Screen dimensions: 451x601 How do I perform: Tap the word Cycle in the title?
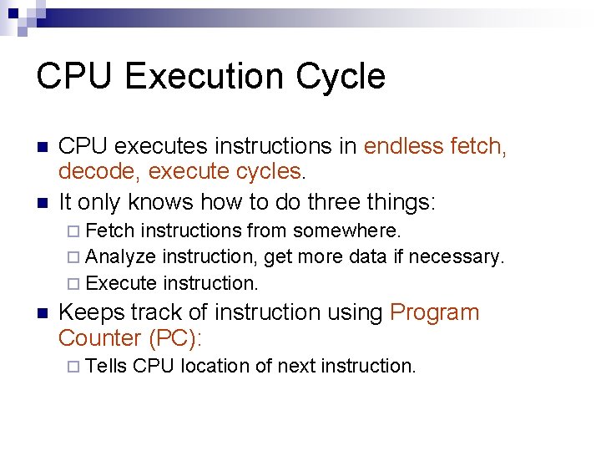341,76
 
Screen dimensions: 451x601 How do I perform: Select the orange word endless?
404,146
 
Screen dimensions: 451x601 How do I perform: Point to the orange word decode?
93,172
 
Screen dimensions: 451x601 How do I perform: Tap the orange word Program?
434,312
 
